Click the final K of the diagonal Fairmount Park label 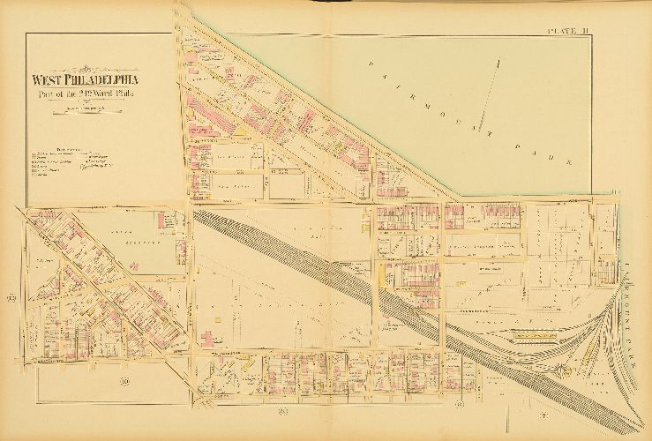tap(571, 164)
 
